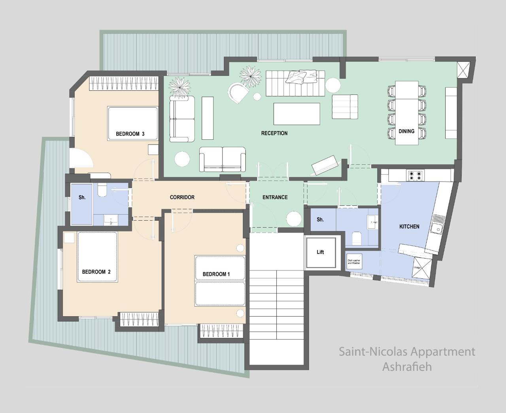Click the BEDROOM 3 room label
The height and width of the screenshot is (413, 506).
coord(130,134)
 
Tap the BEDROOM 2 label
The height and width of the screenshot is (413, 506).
coord(96,272)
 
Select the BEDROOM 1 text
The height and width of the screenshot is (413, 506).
coord(216,274)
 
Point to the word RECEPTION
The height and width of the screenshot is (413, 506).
coord(274,133)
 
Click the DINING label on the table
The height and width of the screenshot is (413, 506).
coord(406,131)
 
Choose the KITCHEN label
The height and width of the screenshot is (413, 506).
coord(409,226)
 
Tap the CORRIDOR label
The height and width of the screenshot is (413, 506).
coord(182,197)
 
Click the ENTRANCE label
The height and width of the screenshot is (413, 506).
coord(275,197)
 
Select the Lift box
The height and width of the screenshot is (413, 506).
coord(320,252)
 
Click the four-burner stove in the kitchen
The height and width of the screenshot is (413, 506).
coord(415,175)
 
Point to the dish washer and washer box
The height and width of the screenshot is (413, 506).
coord(354,261)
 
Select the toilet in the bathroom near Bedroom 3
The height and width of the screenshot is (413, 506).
coord(102,190)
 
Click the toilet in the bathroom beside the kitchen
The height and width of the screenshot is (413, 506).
coord(356,238)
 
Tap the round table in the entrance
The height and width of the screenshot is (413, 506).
coord(294,219)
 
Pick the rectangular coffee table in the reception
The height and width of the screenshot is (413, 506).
coord(296,114)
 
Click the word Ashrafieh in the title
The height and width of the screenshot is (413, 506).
coord(407,366)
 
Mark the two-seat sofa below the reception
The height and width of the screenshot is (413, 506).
coord(222,159)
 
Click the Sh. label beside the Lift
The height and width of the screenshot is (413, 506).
coord(320,220)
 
